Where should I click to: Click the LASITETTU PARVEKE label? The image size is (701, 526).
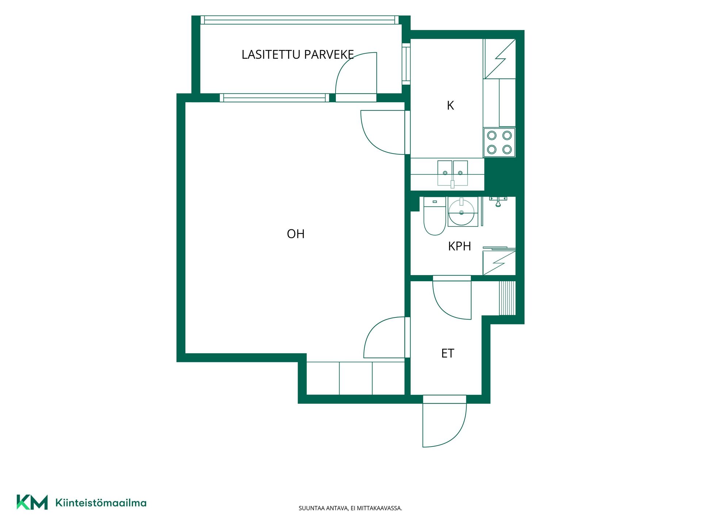[298, 54]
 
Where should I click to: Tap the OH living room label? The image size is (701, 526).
[296, 234]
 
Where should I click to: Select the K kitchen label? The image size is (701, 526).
[450, 106]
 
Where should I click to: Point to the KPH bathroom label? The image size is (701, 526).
[459, 246]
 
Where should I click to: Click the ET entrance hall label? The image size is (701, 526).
[448, 353]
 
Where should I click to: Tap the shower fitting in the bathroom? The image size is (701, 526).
[498, 201]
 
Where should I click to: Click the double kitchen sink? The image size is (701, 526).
[453, 174]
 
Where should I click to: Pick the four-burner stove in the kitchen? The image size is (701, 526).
[499, 142]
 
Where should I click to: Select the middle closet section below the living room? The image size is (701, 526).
[356, 378]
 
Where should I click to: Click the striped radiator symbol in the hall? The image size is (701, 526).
[507, 298]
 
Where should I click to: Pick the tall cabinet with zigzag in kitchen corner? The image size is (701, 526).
[499, 59]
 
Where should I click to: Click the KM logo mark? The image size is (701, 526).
[32, 502]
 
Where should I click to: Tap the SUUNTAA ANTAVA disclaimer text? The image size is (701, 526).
[350, 508]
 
